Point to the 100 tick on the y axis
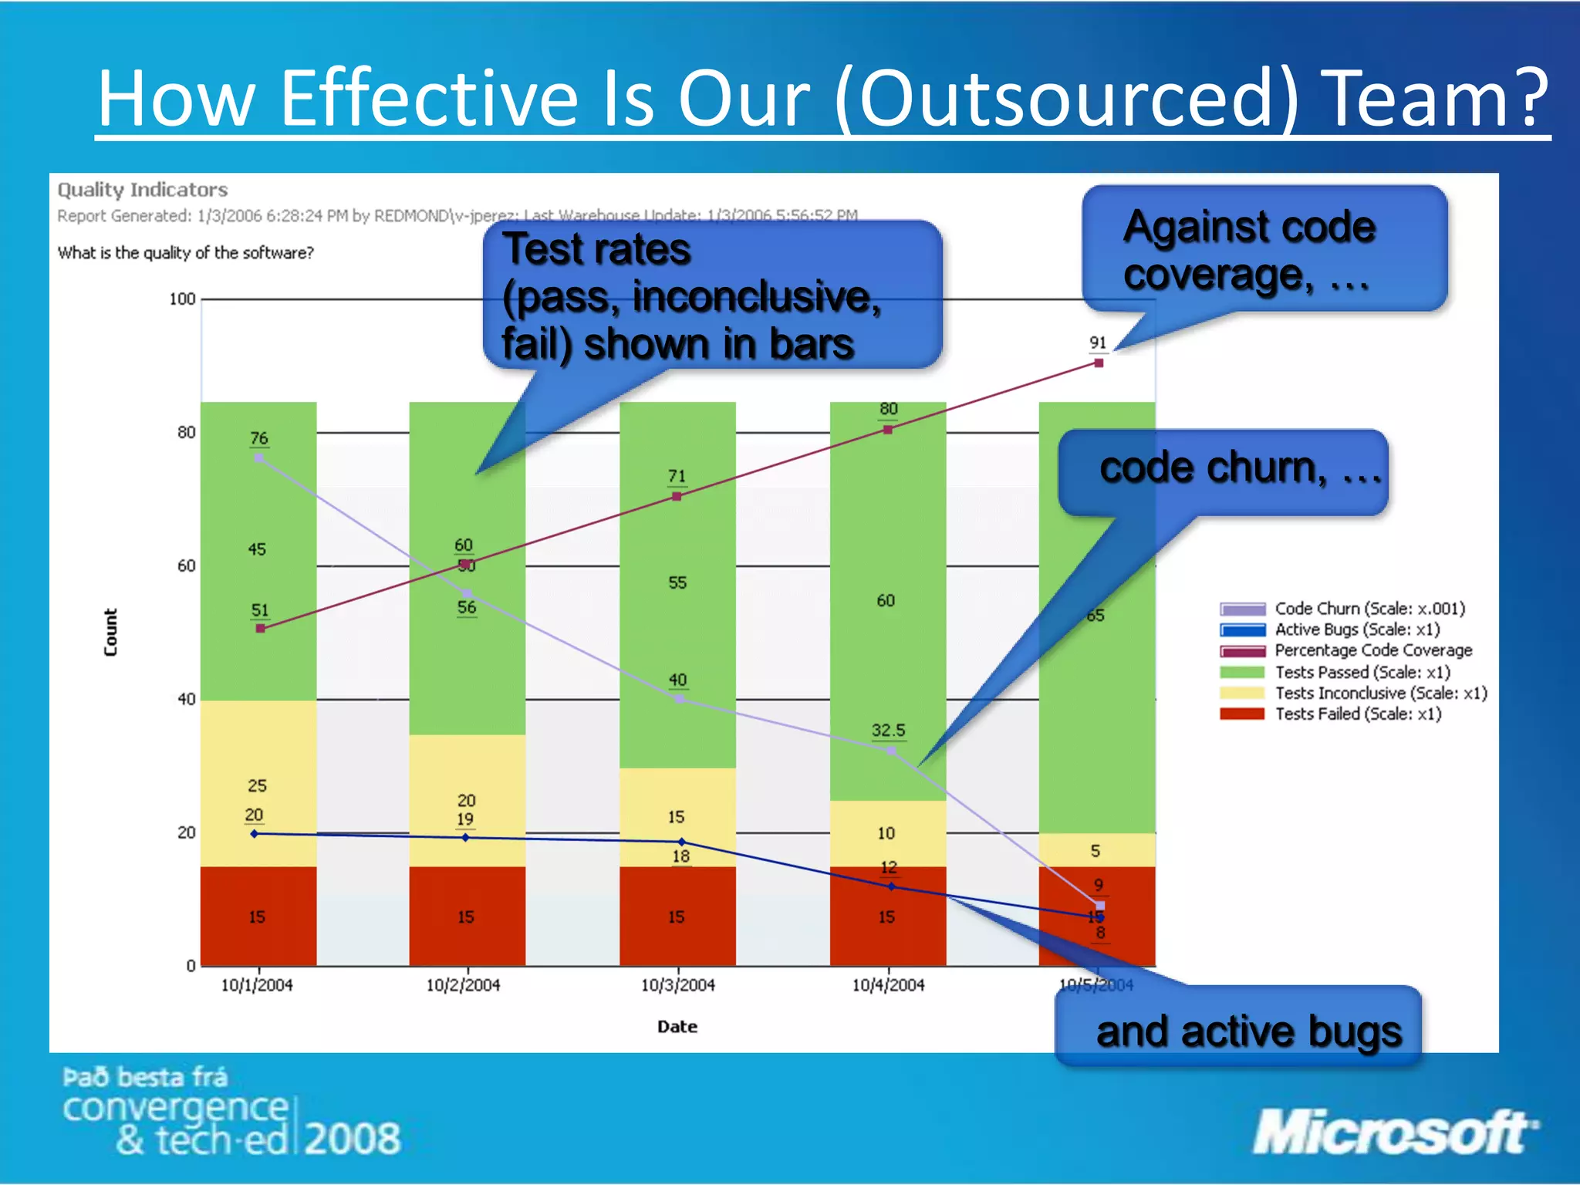coord(183,299)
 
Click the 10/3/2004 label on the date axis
coord(677,985)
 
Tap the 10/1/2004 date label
coord(257,985)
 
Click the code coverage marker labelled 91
coord(1099,363)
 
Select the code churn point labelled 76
coord(258,457)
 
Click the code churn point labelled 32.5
coord(891,750)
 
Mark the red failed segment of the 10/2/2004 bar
coord(467,916)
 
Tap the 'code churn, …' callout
coord(1224,471)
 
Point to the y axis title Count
coord(110,632)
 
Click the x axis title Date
coord(677,1027)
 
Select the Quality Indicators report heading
coord(143,190)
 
